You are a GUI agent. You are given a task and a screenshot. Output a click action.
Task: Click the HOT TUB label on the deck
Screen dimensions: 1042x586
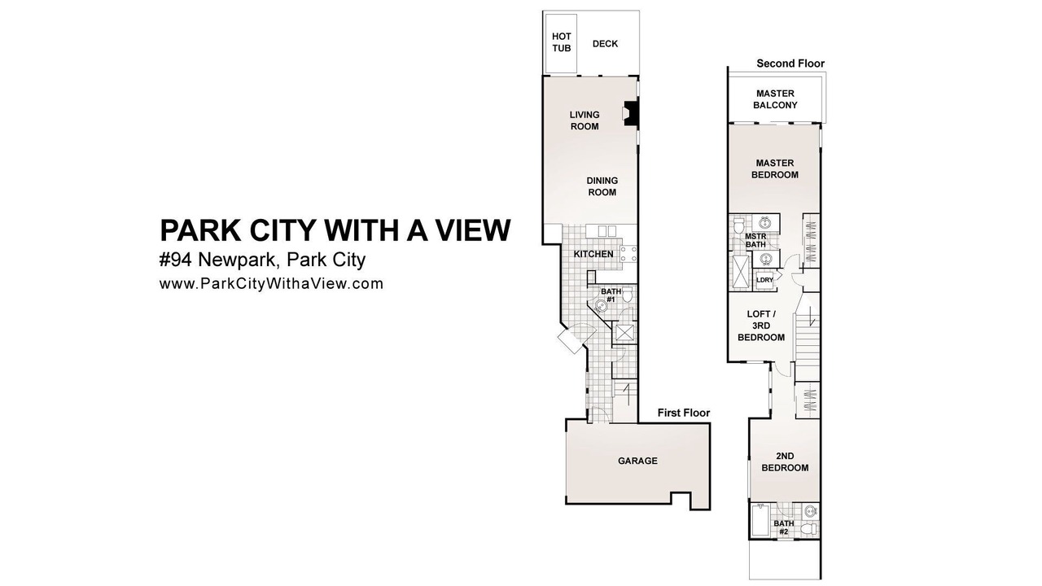click(562, 42)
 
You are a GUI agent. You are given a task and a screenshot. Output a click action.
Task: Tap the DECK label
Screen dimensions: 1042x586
click(605, 44)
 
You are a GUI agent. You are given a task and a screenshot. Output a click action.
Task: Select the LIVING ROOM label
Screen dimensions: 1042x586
click(584, 120)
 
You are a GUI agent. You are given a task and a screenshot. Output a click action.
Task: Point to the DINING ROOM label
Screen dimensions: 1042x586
click(602, 186)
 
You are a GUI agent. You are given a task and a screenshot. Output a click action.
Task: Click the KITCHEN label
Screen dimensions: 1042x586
click(593, 254)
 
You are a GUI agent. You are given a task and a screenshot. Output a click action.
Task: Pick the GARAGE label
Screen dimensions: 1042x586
click(637, 461)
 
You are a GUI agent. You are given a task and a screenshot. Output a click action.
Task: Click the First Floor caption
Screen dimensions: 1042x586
click(684, 413)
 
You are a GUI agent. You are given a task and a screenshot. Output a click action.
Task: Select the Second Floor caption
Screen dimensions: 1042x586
click(790, 63)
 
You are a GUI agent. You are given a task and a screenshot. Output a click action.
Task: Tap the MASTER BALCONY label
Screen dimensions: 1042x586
click(776, 99)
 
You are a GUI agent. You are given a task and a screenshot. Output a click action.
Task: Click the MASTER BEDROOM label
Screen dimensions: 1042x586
click(775, 168)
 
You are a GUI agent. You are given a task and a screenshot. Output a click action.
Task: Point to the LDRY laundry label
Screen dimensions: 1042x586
click(764, 280)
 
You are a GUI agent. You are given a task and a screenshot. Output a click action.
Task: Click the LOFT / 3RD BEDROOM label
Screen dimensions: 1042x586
click(761, 326)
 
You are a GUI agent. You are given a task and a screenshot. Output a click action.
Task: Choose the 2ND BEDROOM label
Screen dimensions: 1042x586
click(785, 461)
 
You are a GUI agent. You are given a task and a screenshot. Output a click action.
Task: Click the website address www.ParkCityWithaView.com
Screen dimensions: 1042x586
click(271, 284)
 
